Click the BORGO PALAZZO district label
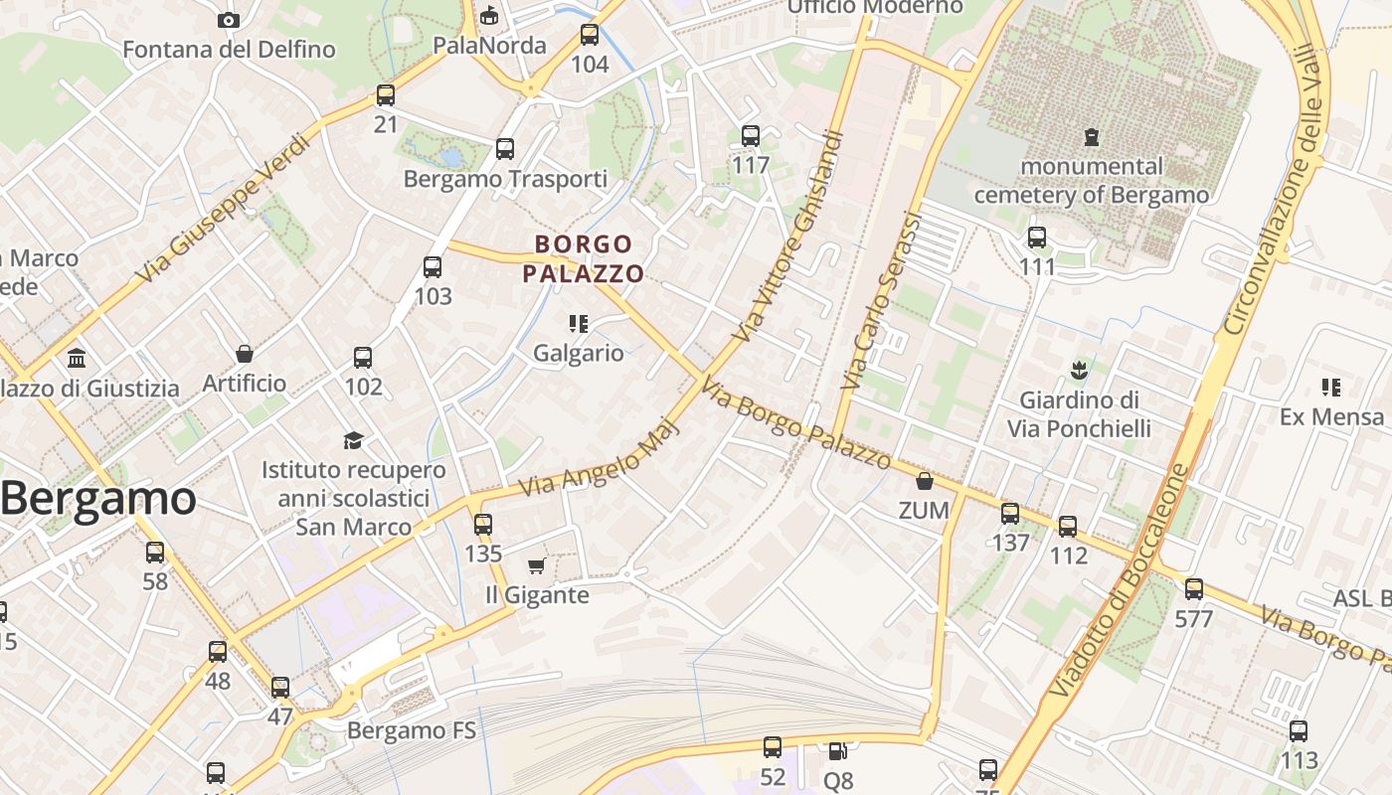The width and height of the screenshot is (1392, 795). coord(584,258)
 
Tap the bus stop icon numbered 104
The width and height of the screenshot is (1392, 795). coord(590,36)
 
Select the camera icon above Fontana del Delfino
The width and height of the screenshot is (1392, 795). coord(228,20)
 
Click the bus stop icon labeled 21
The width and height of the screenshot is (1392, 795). coord(386,95)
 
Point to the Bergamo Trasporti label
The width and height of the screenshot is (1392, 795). coord(505,179)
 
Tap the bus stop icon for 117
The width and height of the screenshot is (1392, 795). coord(751,136)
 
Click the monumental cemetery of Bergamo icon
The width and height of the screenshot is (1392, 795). coord(1092,137)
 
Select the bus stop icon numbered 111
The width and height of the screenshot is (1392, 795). coord(1037,238)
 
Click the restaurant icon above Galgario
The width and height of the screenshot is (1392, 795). coord(578,324)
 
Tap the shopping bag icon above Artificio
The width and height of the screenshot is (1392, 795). coord(244,354)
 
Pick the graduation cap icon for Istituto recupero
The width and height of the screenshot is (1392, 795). coord(353,440)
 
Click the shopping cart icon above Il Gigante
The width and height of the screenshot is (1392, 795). coord(536,566)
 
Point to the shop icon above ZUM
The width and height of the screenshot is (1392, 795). coord(925,482)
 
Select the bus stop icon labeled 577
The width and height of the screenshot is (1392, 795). coord(1194,589)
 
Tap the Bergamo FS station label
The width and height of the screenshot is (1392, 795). coord(412,731)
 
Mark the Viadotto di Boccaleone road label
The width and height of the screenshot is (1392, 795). coord(1120,581)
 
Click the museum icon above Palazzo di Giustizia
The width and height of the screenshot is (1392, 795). coord(77,358)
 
